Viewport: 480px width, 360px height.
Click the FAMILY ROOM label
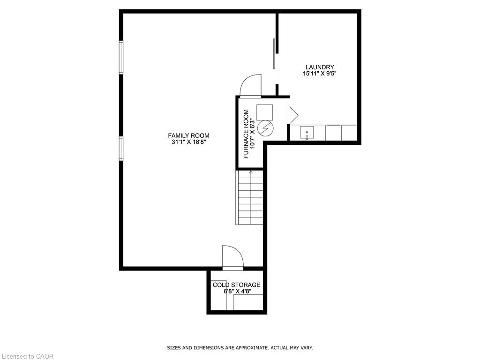tap(188, 135)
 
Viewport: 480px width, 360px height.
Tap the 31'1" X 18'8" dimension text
tap(188, 142)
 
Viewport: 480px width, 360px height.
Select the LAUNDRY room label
tap(320, 67)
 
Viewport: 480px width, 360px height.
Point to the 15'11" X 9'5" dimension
tap(320, 74)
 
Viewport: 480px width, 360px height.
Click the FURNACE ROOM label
tap(246, 134)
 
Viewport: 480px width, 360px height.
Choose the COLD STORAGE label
tap(236, 285)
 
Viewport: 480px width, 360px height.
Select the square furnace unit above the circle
tap(264, 112)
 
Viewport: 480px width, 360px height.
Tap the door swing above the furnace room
tap(250, 85)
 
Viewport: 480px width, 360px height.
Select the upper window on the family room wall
tap(121, 58)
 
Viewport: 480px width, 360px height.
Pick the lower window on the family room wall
tap(121, 149)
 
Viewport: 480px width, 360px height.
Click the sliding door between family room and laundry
tap(274, 53)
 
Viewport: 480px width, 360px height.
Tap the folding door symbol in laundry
tap(293, 115)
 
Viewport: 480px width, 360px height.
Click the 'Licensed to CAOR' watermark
tap(27, 356)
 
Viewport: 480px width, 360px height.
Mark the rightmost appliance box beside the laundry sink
tap(349, 133)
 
